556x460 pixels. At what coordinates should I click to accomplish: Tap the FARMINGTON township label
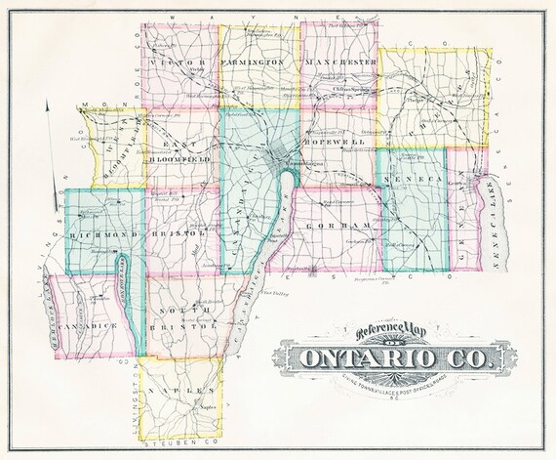252,61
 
